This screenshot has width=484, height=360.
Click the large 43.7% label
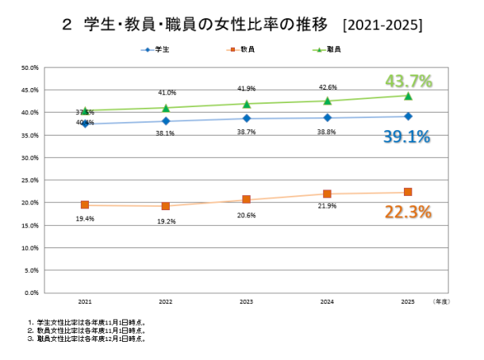(x=408, y=81)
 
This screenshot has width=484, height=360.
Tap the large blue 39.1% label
(x=406, y=136)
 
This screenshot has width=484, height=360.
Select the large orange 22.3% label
(x=407, y=212)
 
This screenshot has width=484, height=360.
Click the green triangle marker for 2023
(x=247, y=104)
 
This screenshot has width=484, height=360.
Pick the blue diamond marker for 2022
(x=166, y=121)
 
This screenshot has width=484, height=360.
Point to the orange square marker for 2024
(x=327, y=193)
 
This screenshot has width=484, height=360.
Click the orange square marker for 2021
(x=85, y=205)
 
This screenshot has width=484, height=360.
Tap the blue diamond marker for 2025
(x=408, y=117)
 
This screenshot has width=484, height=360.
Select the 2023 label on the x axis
(x=247, y=302)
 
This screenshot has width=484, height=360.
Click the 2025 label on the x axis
(x=408, y=302)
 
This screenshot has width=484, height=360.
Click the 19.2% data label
(x=166, y=222)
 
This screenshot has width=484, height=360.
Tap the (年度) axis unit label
(x=440, y=302)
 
